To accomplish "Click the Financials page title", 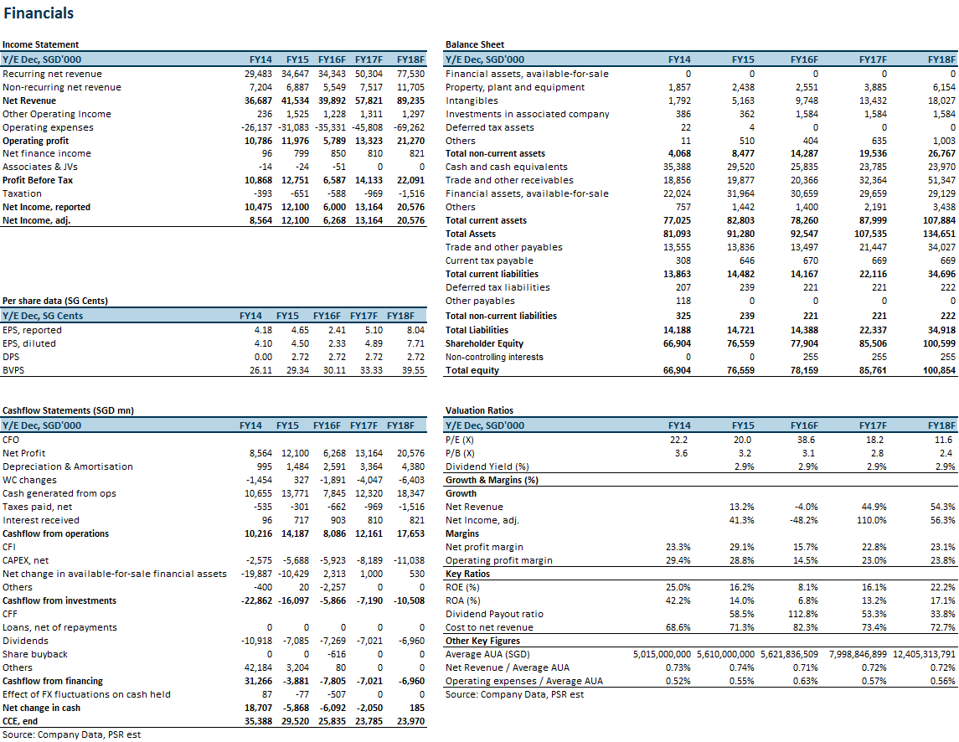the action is point(39,13).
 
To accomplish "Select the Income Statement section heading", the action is point(40,44).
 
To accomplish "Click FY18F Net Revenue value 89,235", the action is point(410,101).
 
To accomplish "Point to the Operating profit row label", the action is point(35,141).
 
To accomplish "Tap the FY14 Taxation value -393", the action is point(263,193).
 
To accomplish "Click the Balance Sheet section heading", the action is point(475,44).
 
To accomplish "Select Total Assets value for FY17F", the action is point(871,234).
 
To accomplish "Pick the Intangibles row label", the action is point(472,101).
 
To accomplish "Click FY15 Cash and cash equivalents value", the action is point(740,167).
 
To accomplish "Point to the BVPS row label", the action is point(13,371).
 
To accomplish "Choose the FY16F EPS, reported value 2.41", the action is point(337,330).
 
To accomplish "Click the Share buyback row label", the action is point(35,655).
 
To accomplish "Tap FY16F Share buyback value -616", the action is point(337,655).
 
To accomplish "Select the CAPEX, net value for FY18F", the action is point(409,560).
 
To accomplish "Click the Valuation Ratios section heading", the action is point(479,410).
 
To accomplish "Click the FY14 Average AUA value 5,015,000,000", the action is point(662,655).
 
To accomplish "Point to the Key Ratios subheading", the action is point(468,574).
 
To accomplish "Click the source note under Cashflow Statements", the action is point(71,734).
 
